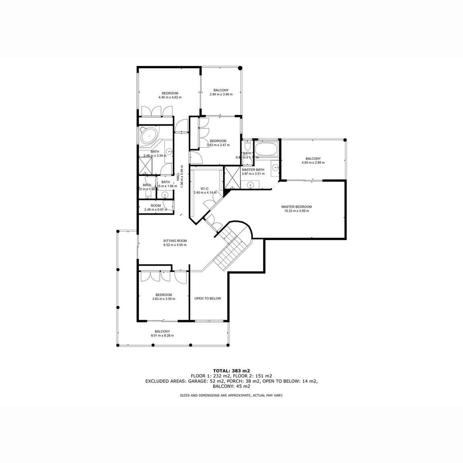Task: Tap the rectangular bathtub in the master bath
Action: tap(266, 149)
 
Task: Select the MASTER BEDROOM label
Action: tap(296, 207)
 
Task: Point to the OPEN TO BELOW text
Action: tap(208, 299)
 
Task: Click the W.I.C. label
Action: tap(205, 188)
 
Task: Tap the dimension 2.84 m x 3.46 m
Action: tap(221, 95)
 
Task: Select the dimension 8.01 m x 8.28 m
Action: tap(162, 335)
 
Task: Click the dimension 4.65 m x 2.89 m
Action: tap(313, 163)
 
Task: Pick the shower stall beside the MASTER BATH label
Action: tap(232, 178)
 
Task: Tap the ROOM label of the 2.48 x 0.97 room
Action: tap(156, 206)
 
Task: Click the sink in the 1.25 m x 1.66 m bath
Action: tap(165, 195)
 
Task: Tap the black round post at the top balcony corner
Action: tap(240, 68)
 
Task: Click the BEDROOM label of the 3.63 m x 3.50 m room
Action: tap(164, 295)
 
